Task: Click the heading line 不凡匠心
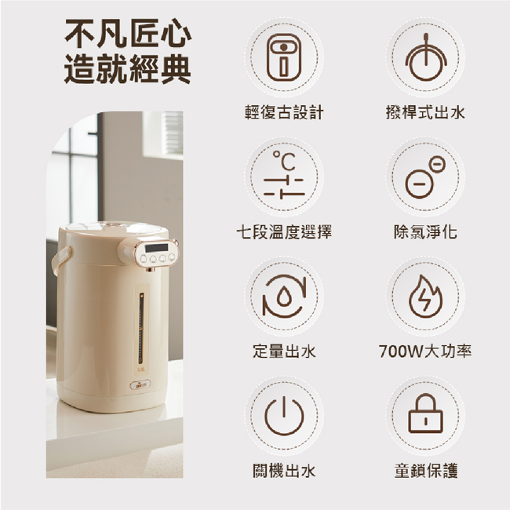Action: pos(128,33)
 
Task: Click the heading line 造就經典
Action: pos(127,69)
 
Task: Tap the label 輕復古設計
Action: pos(284,112)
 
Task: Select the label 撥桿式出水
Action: pos(425,112)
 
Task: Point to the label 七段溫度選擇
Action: pos(284,232)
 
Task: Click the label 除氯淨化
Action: pos(425,232)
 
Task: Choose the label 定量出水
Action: pos(284,352)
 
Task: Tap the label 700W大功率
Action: pos(425,352)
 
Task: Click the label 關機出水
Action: pos(284,471)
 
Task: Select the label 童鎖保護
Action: pos(425,471)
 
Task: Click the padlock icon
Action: pos(425,413)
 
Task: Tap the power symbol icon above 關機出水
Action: pos(284,417)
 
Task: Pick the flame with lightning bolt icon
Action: pos(425,297)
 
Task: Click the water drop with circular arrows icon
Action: pos(284,297)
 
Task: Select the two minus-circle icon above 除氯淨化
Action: pos(425,177)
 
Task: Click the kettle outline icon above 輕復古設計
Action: pos(284,57)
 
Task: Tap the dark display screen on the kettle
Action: pos(156,248)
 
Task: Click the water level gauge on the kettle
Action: pos(141,329)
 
